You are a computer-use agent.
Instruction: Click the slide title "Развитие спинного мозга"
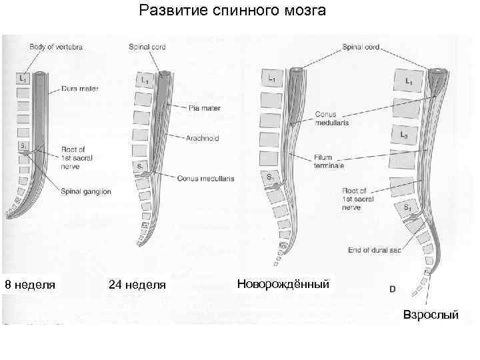(x=232, y=11)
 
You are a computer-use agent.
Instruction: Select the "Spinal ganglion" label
(x=86, y=191)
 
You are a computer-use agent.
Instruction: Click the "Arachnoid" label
(x=203, y=138)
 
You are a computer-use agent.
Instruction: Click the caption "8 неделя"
(x=29, y=285)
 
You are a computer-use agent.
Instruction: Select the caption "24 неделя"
(x=137, y=285)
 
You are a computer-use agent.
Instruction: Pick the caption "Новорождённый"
(x=283, y=284)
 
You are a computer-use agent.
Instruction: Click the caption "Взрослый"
(x=431, y=314)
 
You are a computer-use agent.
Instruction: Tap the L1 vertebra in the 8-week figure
(x=23, y=79)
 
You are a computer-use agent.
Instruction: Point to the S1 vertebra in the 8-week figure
(x=23, y=145)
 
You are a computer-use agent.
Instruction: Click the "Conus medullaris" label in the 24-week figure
(x=205, y=178)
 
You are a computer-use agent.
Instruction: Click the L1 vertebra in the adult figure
(x=409, y=81)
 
